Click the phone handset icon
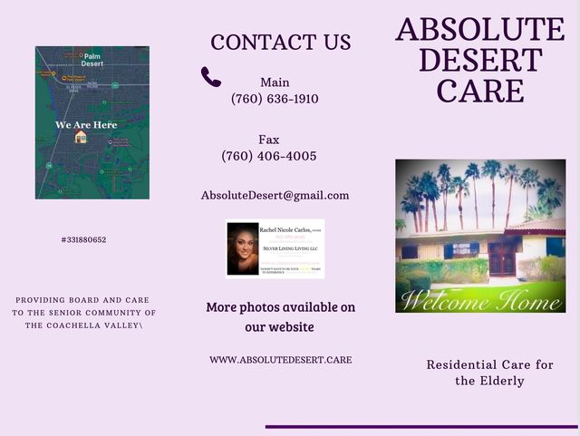(x=211, y=77)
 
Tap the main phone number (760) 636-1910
(x=275, y=99)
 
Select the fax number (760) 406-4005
(x=269, y=156)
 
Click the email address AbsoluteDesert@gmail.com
(x=275, y=195)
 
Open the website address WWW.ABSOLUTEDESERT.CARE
(x=281, y=360)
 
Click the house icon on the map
(x=81, y=137)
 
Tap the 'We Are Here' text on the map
(x=86, y=124)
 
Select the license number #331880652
(x=84, y=240)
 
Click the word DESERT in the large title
(x=480, y=61)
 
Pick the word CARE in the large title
(x=480, y=91)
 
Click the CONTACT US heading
(x=281, y=42)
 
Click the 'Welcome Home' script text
(x=480, y=299)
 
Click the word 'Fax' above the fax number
(x=269, y=140)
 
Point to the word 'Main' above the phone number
(x=275, y=82)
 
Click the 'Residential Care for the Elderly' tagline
(x=489, y=373)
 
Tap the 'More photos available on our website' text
(x=281, y=316)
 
